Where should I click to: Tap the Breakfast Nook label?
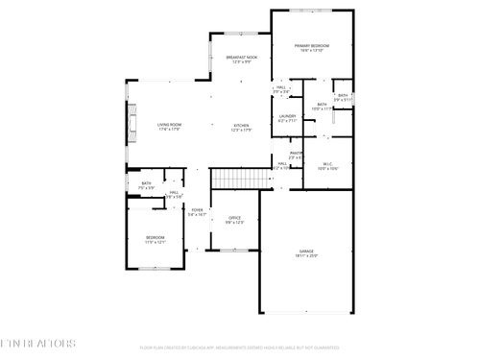tap(242, 58)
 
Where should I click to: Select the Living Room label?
tap(170, 125)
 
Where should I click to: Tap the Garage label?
tap(306, 251)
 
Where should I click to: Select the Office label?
tap(234, 218)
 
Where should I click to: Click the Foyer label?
tap(197, 210)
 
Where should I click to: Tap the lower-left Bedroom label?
tap(156, 237)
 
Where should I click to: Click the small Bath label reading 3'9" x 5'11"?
tap(343, 95)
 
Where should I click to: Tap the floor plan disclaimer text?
tap(241, 347)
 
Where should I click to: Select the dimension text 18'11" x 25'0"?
tap(306, 255)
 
